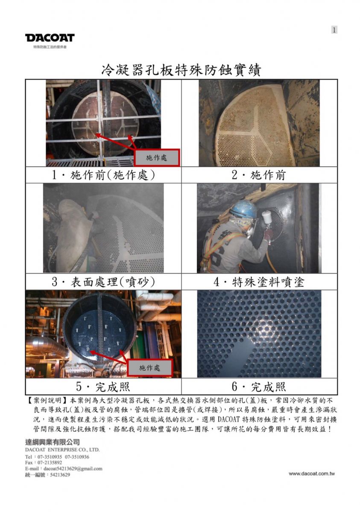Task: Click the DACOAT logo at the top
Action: coord(50,38)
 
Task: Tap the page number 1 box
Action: coord(334,30)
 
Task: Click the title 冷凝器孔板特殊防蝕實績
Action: coord(181,70)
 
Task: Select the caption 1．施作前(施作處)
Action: coord(103,175)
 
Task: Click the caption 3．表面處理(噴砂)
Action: coord(103,282)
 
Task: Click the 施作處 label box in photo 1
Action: coord(157,157)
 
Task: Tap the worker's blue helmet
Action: coord(243,209)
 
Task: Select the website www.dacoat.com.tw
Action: coord(311,473)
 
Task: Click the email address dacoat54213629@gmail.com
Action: coord(73,468)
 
